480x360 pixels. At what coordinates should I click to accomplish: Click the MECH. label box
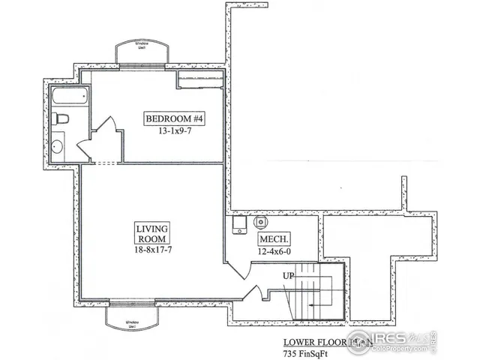(271, 240)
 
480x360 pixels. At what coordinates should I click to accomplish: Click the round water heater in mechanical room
(261, 222)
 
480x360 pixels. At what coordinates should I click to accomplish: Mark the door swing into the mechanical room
(234, 264)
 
